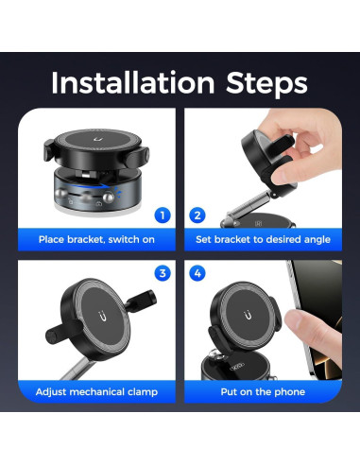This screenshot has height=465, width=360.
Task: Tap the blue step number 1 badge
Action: tap(162, 215)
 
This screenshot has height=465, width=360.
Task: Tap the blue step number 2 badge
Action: tap(197, 215)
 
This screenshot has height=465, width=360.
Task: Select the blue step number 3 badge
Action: tap(162, 274)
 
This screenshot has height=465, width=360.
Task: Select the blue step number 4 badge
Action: tap(197, 274)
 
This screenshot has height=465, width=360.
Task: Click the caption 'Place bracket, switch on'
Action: tap(97, 239)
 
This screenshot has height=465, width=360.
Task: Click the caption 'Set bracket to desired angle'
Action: tap(263, 239)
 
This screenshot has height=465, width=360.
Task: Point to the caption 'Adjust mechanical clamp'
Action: tap(96, 391)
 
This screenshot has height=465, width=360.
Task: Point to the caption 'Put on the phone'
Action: tap(263, 391)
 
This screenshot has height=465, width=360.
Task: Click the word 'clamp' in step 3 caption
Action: tap(140, 391)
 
